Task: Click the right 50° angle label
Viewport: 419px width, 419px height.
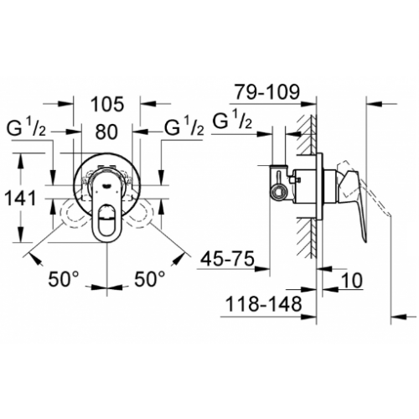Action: click(x=151, y=280)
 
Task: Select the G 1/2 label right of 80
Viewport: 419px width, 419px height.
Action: click(x=183, y=130)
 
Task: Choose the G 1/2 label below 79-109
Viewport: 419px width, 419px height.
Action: click(x=235, y=119)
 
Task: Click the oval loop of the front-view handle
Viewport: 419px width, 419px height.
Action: click(x=107, y=223)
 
